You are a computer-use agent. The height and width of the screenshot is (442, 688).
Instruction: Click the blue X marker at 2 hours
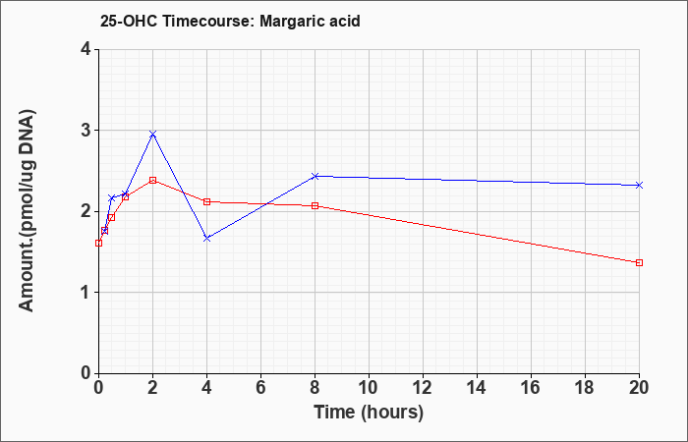point(152,135)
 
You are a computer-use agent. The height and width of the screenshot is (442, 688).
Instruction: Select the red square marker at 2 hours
point(152,180)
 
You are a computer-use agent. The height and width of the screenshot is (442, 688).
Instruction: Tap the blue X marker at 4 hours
point(207,239)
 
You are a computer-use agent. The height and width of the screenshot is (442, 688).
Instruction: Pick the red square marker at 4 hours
point(207,201)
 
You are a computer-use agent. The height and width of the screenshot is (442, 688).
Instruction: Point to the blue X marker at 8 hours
point(315,176)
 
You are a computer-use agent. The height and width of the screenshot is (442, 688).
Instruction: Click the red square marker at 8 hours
point(315,205)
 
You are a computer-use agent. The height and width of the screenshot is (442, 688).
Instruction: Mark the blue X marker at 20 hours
point(639,185)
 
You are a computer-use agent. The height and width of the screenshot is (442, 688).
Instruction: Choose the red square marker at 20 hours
point(639,262)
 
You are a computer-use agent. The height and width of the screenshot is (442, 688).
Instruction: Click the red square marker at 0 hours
point(98,243)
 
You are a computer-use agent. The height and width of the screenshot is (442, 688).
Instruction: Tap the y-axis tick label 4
point(86,49)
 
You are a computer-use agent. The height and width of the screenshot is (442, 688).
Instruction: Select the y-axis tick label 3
point(86,131)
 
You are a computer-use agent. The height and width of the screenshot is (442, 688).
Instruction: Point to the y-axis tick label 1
point(86,293)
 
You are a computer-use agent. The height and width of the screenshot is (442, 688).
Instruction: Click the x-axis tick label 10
point(369,387)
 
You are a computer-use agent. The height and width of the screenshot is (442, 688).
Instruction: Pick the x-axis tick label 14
point(477,387)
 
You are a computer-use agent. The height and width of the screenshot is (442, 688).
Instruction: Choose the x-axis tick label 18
point(585,387)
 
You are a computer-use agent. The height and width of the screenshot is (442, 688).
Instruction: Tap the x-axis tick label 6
point(260,387)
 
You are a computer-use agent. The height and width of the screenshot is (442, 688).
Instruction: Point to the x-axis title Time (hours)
point(369,413)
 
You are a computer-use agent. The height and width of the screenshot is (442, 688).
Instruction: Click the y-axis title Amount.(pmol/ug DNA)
point(27,211)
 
